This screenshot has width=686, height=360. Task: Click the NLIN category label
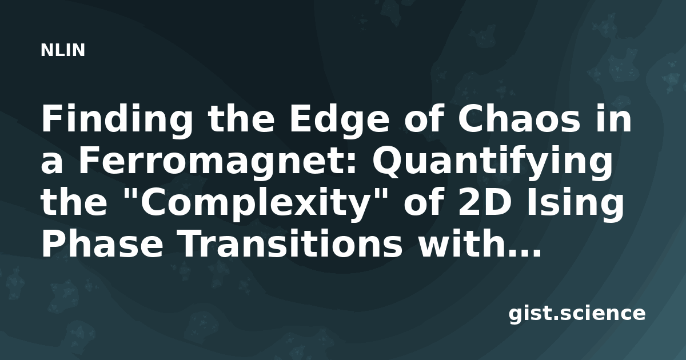coord(63,50)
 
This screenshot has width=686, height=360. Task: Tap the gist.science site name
coord(577,314)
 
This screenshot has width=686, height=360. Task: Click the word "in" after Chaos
coord(613,119)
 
